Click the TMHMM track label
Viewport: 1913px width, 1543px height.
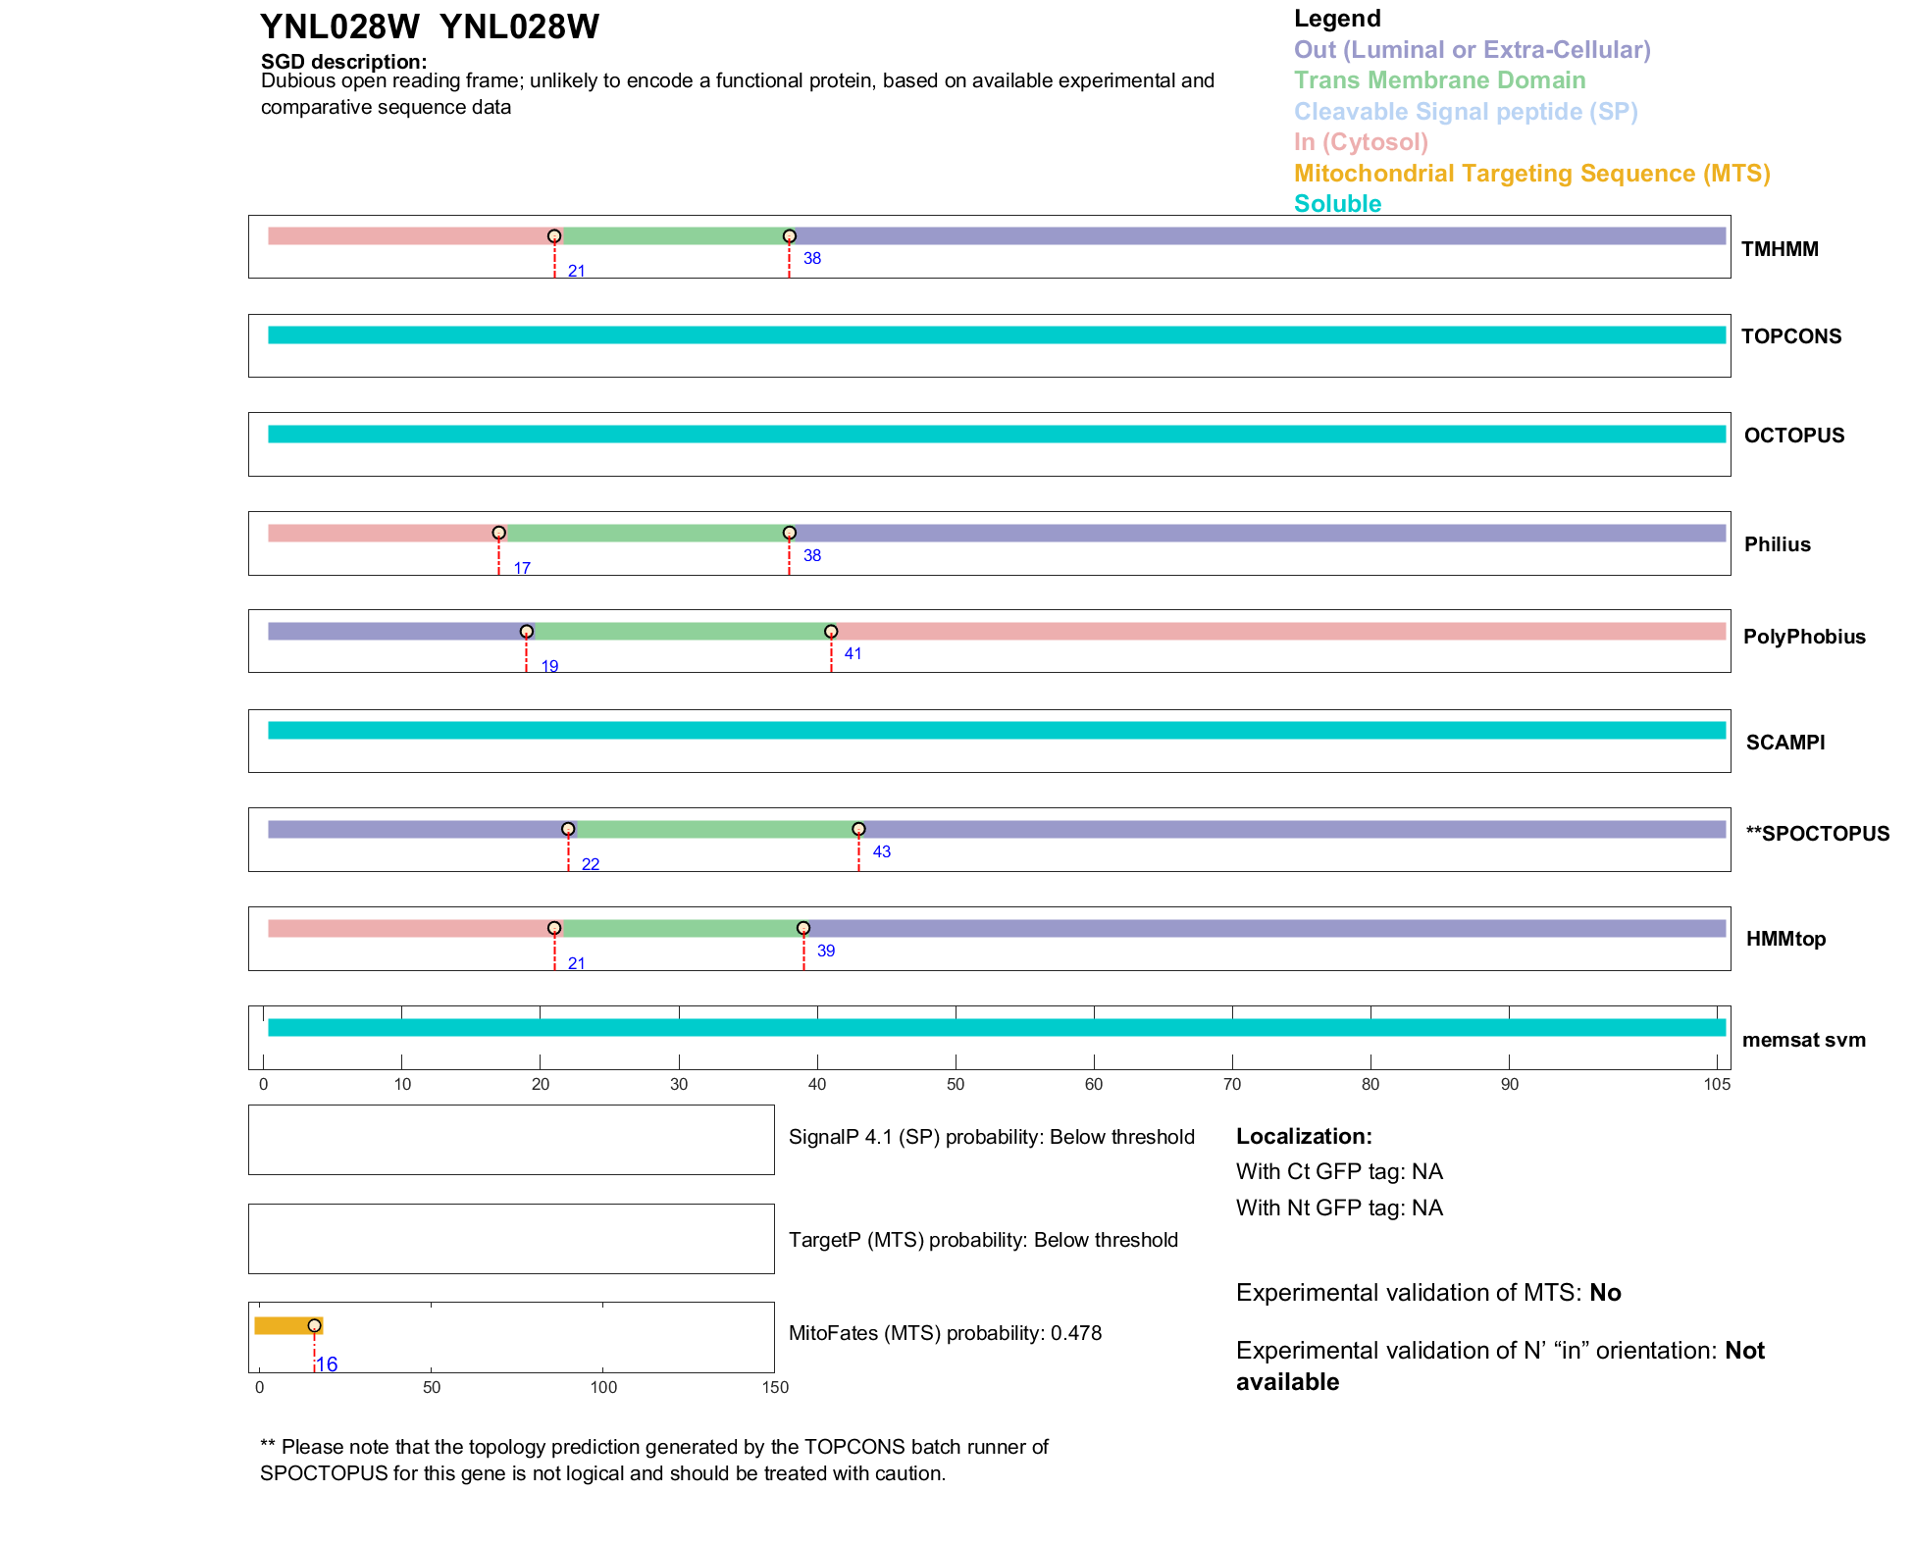click(1779, 249)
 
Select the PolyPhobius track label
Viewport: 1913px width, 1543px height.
click(1803, 637)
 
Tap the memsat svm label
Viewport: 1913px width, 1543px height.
click(1803, 1040)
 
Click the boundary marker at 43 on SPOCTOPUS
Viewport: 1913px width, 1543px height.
click(858, 830)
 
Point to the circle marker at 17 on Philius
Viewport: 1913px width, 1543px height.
click(498, 533)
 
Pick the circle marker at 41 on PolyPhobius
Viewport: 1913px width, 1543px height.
click(831, 632)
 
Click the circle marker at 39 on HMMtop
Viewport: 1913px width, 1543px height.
click(803, 928)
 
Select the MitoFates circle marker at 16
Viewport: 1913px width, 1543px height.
click(314, 1325)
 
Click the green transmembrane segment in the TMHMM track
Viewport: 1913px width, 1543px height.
click(672, 236)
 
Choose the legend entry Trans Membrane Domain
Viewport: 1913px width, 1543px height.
click(1439, 80)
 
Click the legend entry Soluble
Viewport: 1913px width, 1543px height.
click(1337, 204)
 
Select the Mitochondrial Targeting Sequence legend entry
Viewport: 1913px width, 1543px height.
click(1531, 174)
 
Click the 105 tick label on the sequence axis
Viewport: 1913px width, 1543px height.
click(1717, 1084)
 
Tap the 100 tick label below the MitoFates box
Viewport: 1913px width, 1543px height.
click(603, 1387)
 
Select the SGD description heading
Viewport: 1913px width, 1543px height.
click(343, 62)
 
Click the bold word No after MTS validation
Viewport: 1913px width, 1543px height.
click(1605, 1293)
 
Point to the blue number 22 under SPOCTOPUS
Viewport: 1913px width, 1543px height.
click(590, 864)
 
